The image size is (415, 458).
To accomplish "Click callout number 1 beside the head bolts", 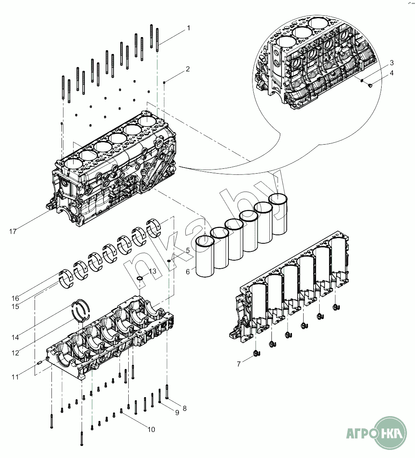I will pyautogui.click(x=188, y=29).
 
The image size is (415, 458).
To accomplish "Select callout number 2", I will pyautogui.click(x=188, y=69).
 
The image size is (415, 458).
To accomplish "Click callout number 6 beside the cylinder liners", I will pyautogui.click(x=188, y=272).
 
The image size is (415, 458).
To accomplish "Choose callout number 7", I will pyautogui.click(x=239, y=364).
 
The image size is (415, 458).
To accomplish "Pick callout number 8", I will pyautogui.click(x=185, y=408).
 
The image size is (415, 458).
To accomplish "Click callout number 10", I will pyautogui.click(x=151, y=430).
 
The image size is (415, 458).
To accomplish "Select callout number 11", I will pyautogui.click(x=15, y=377).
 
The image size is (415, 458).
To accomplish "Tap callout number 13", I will pyautogui.click(x=152, y=271).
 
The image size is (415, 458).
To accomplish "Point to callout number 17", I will pyautogui.click(x=13, y=231).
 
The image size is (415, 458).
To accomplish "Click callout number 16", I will pyautogui.click(x=15, y=298).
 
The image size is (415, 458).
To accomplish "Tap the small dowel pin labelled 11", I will pyautogui.click(x=40, y=362).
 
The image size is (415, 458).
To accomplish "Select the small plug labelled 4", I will pyautogui.click(x=370, y=85).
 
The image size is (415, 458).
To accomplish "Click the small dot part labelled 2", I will pyautogui.click(x=164, y=82).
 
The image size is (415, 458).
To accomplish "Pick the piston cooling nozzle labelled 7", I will pyautogui.click(x=257, y=354).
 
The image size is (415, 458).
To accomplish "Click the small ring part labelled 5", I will pyautogui.click(x=169, y=261).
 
